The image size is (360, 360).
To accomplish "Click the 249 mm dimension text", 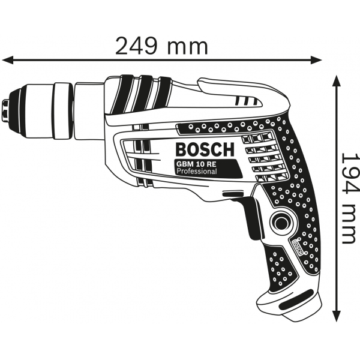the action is (161, 47).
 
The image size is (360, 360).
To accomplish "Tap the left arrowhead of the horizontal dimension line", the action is (8, 60).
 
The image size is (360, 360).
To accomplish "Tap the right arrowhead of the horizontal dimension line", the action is (316, 60).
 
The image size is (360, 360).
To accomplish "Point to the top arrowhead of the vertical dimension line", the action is (337, 81).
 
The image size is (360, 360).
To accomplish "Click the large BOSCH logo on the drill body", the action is (205, 149).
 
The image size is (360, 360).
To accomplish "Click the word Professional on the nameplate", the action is (197, 171).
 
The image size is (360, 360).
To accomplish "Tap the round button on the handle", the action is (282, 223).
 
